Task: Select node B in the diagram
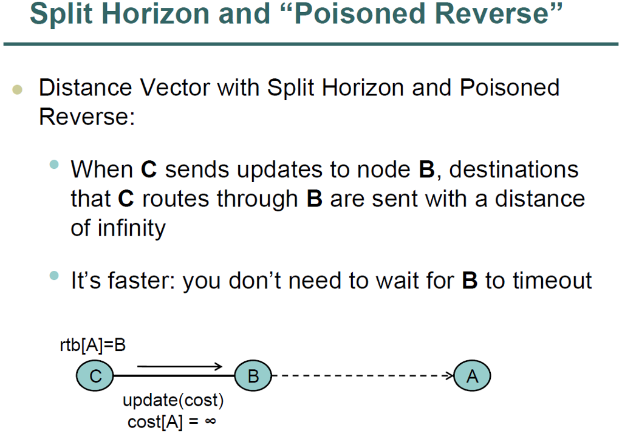pyautogui.click(x=253, y=377)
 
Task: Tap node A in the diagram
pyautogui.click(x=472, y=377)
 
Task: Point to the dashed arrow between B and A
pyautogui.click(x=364, y=377)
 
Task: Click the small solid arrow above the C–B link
pyautogui.click(x=180, y=366)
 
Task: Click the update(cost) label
pyautogui.click(x=173, y=401)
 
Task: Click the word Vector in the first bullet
pyautogui.click(x=175, y=88)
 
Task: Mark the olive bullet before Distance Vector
pyautogui.click(x=17, y=90)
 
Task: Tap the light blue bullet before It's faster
pyautogui.click(x=55, y=277)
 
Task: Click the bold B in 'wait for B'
pyautogui.click(x=469, y=281)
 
